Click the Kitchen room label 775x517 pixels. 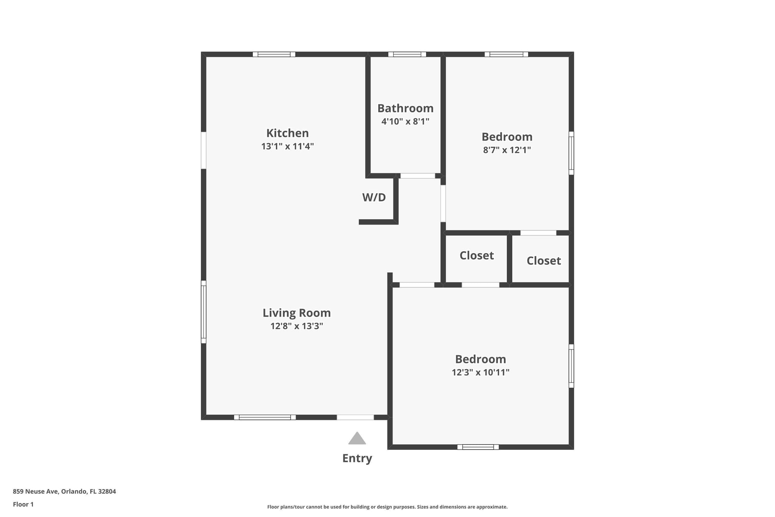click(x=288, y=133)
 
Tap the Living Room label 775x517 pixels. click(x=297, y=313)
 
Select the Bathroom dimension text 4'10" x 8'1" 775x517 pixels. click(x=405, y=121)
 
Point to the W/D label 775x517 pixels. click(x=374, y=197)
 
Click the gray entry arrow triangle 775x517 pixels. click(x=357, y=438)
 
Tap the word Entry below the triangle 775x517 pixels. click(x=357, y=458)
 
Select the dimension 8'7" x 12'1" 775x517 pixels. click(x=507, y=150)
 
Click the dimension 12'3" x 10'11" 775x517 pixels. click(x=480, y=372)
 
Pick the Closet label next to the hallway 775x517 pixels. click(x=477, y=255)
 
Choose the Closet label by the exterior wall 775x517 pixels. click(x=544, y=261)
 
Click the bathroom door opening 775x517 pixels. click(x=418, y=176)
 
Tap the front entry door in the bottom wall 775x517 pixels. click(x=355, y=417)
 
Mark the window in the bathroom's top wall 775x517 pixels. click(x=407, y=54)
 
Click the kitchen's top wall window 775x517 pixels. click(x=274, y=54)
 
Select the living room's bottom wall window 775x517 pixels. click(x=265, y=417)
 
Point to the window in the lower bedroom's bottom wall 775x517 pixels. click(x=478, y=447)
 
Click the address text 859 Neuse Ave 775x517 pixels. click(x=36, y=491)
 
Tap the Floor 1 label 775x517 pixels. click(x=23, y=504)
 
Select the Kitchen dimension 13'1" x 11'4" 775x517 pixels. click(x=288, y=146)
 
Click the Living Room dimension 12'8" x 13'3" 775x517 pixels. click(x=297, y=326)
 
